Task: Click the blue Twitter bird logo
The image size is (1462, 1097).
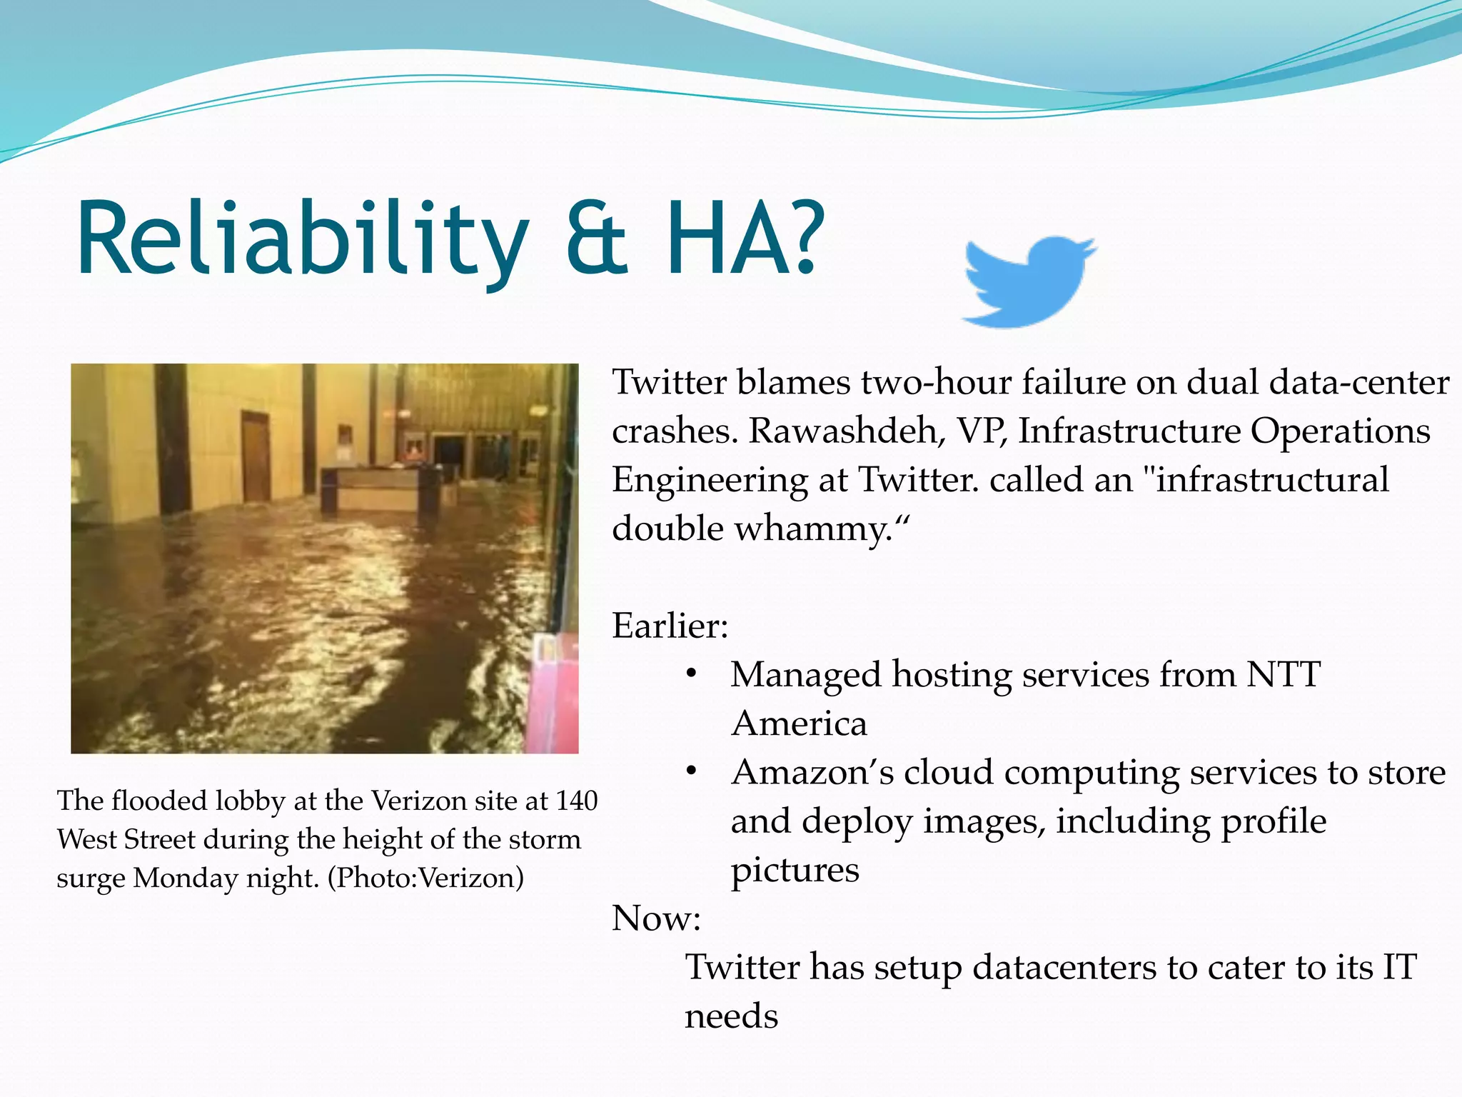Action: (x=1028, y=282)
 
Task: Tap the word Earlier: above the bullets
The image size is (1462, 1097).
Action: (x=670, y=626)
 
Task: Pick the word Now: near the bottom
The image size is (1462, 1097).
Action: (x=656, y=918)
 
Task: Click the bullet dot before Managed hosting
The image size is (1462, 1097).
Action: (x=690, y=674)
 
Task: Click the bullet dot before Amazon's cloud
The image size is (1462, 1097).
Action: (x=690, y=772)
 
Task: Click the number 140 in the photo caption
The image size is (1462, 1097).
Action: (x=576, y=801)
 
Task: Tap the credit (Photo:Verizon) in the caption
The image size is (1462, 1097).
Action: (x=425, y=878)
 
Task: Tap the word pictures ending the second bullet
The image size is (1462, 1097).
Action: (x=795, y=870)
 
